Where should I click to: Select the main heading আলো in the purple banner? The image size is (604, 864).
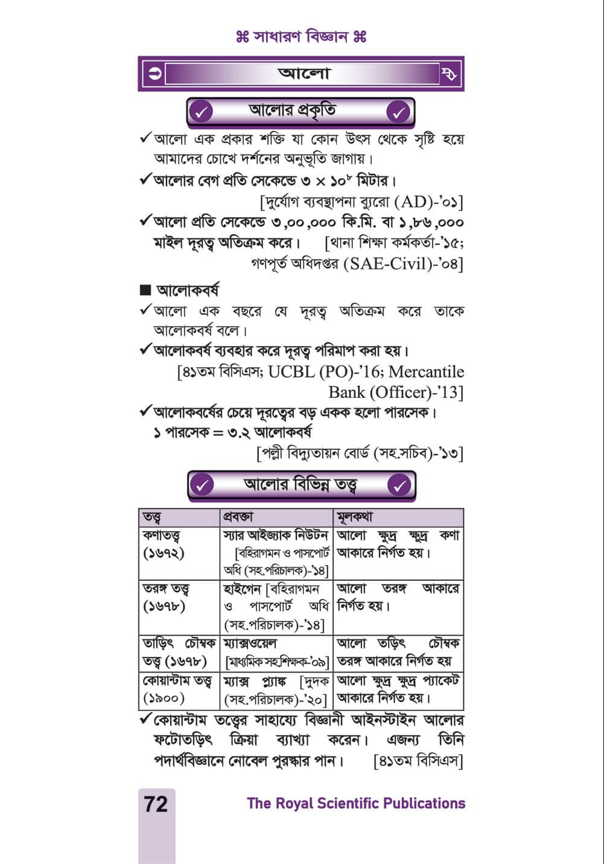[304, 74]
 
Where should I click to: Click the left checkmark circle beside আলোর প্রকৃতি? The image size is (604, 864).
[202, 112]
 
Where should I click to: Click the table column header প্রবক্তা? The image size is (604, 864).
[238, 517]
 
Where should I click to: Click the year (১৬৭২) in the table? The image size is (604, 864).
[164, 552]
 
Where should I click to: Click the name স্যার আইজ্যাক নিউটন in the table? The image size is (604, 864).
[275, 536]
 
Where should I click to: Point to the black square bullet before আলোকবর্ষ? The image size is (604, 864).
[145, 290]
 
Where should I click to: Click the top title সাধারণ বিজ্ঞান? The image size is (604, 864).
[302, 37]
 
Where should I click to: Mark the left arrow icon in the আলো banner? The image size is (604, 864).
[155, 74]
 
